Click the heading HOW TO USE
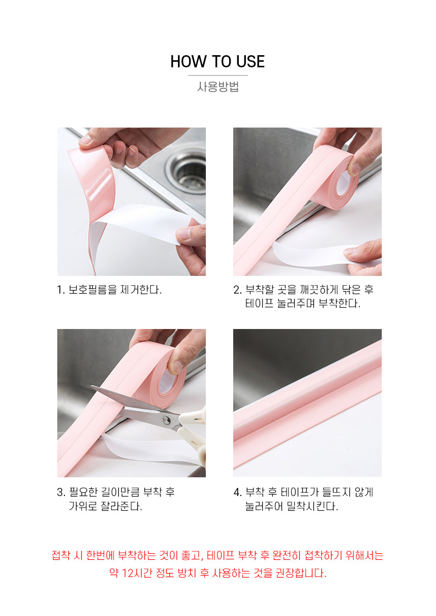[217, 61]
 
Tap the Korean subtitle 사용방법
[217, 87]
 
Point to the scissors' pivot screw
[166, 420]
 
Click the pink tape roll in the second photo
[335, 177]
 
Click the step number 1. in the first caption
[61, 290]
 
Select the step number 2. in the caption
[237, 290]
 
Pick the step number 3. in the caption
[61, 492]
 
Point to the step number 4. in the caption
[237, 492]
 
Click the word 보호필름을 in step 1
[93, 290]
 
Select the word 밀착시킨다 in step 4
[312, 506]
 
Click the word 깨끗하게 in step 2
[319, 290]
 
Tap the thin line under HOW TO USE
[218, 75]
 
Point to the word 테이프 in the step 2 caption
[259, 304]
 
